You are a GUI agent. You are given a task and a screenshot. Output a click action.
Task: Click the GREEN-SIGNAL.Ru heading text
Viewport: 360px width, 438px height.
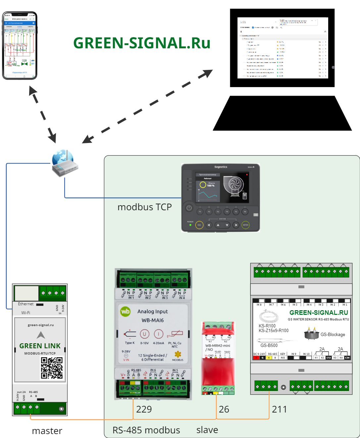pyautogui.click(x=141, y=43)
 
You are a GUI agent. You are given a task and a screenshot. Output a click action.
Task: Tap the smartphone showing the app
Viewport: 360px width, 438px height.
pyautogui.click(x=20, y=45)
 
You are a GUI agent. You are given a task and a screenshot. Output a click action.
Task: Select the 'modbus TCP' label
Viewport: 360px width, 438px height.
pyautogui.click(x=144, y=207)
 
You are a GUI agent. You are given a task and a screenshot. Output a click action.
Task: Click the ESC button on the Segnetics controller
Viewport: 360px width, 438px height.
pyautogui.click(x=199, y=225)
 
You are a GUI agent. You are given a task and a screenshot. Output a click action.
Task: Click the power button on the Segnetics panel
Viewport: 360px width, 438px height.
pyautogui.click(x=189, y=208)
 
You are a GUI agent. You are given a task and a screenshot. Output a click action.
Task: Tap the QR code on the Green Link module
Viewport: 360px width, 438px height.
pyautogui.click(x=52, y=367)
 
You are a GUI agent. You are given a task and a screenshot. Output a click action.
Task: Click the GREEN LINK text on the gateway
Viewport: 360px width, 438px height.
pyautogui.click(x=40, y=346)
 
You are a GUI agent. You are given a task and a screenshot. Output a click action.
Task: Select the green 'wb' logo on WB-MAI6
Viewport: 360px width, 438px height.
pyautogui.click(x=126, y=311)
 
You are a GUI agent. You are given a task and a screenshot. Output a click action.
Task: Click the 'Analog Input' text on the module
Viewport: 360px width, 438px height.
pyautogui.click(x=153, y=312)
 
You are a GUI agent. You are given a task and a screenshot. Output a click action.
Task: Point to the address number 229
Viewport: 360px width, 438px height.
pyautogui.click(x=144, y=410)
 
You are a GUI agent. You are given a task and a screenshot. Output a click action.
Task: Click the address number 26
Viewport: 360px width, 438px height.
pyautogui.click(x=224, y=410)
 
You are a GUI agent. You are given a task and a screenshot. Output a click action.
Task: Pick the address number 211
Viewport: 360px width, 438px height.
pyautogui.click(x=279, y=410)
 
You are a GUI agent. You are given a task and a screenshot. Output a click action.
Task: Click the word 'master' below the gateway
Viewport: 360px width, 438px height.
pyautogui.click(x=47, y=431)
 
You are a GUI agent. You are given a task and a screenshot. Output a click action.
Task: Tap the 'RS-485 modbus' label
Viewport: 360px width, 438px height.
pyautogui.click(x=146, y=430)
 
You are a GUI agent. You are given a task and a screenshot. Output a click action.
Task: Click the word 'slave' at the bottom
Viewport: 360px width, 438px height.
pyautogui.click(x=207, y=430)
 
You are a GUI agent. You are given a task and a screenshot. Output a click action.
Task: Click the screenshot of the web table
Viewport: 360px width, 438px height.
pyautogui.click(x=283, y=48)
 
